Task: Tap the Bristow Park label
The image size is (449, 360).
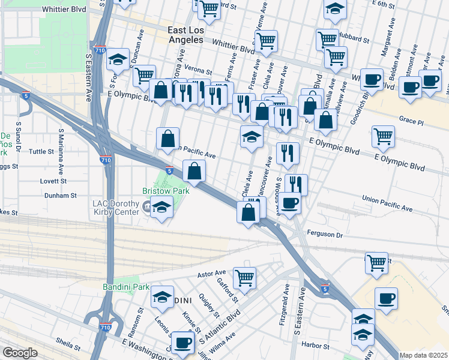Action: tap(166, 191)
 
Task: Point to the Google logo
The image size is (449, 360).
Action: tap(20, 353)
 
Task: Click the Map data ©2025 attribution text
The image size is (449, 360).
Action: tap(424, 355)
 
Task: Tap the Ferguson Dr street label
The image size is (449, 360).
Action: tap(324, 235)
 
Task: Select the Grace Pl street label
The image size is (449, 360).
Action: tap(411, 121)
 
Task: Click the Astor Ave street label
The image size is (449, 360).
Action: tap(211, 274)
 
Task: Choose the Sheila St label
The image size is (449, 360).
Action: tap(68, 347)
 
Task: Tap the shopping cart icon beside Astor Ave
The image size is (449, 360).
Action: tap(244, 278)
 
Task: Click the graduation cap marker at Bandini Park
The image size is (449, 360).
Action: tap(161, 297)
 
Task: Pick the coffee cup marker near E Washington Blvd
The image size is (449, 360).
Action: tap(182, 343)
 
